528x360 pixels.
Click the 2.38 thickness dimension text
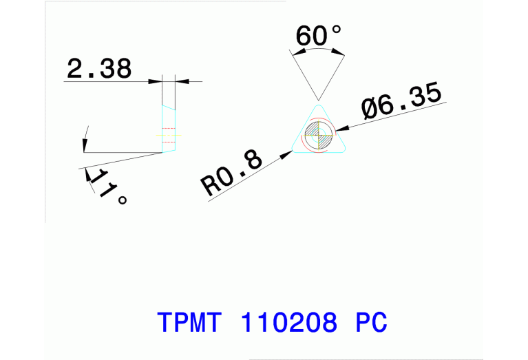pyautogui.click(x=99, y=69)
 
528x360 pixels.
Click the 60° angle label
pyautogui.click(x=318, y=36)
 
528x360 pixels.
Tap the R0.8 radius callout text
pyautogui.click(x=232, y=176)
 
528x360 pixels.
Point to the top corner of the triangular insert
pyautogui.click(x=318, y=107)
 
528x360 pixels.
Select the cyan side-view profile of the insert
pyautogui.click(x=169, y=127)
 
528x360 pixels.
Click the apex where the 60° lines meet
pyautogui.click(x=318, y=99)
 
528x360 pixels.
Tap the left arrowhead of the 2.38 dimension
pyautogui.click(x=157, y=82)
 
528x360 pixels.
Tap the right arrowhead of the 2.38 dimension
pyautogui.click(x=181, y=82)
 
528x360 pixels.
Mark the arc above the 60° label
pyautogui.click(x=318, y=52)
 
